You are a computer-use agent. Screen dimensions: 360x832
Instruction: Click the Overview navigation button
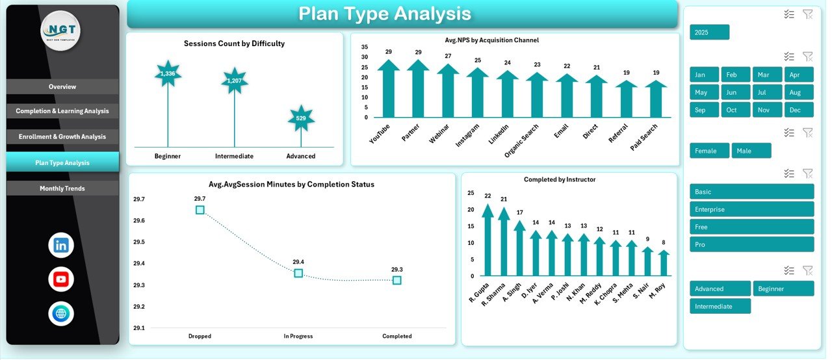click(x=62, y=86)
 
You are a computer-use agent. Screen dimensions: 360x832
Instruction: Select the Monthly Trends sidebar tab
click(x=62, y=188)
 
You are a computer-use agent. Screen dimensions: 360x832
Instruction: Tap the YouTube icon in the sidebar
click(x=61, y=279)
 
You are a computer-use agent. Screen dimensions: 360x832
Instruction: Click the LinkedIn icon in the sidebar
click(x=61, y=245)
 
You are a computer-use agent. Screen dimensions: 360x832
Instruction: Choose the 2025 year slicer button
click(x=709, y=32)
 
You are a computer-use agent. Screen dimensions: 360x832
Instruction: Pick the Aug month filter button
click(x=798, y=92)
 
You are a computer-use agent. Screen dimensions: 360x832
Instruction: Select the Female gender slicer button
click(x=709, y=151)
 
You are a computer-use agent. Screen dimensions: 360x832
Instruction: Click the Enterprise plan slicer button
click(x=751, y=209)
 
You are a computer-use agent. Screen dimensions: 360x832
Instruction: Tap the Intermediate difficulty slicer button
click(x=720, y=306)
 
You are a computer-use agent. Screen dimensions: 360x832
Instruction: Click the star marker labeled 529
click(x=301, y=118)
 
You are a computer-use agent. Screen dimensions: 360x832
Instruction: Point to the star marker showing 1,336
click(x=168, y=73)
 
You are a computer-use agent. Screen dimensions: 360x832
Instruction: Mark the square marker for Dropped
click(x=200, y=210)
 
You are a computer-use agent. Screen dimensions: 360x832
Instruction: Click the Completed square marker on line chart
click(x=396, y=280)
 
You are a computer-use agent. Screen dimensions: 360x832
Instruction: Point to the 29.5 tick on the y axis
click(x=139, y=242)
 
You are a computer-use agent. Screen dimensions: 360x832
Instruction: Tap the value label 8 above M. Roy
click(x=663, y=242)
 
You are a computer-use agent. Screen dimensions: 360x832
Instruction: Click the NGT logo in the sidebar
click(x=60, y=31)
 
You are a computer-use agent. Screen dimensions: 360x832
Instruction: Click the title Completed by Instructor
click(x=559, y=179)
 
